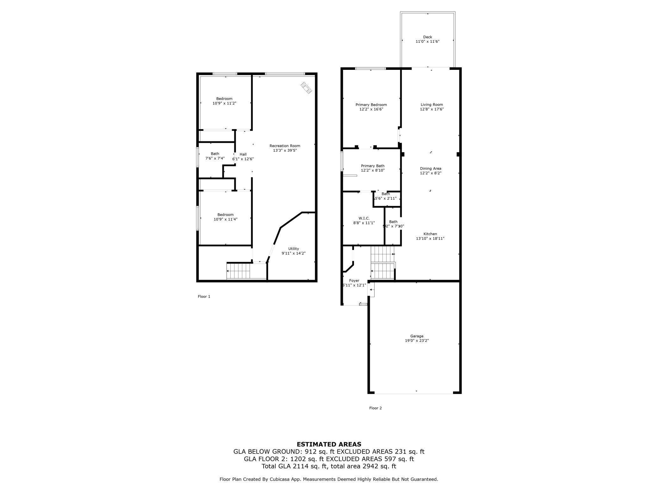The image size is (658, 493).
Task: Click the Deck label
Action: coord(427,37)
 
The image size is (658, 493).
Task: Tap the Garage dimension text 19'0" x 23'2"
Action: coord(417,341)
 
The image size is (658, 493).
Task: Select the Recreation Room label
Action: coord(285,146)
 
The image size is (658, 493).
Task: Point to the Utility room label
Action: coord(293,249)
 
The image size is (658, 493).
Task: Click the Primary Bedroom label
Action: coord(371,105)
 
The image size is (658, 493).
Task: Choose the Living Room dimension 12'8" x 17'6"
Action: coord(432,109)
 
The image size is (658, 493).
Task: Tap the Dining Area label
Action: coord(431,168)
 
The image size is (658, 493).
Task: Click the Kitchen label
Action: coord(430,234)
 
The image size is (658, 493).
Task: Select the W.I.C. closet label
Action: coord(364,218)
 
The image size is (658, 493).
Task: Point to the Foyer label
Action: coord(354,281)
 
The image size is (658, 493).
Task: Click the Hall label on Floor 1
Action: coord(243,154)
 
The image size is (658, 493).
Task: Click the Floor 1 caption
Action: coord(204,296)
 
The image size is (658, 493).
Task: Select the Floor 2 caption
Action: coord(376,408)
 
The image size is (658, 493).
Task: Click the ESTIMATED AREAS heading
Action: coord(329,444)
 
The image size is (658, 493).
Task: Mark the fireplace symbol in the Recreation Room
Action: coord(306,88)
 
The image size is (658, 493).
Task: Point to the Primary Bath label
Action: coord(373,166)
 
